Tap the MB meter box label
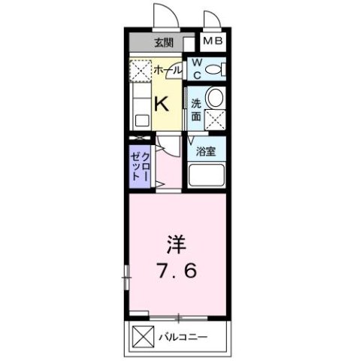coord(212,43)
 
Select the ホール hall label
coord(167,70)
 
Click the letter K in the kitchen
coord(161,105)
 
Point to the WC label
coord(195,69)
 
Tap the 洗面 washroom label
coord(195,110)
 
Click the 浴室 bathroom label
coord(207,151)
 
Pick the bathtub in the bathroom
coord(207,175)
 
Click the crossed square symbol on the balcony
coord(142,335)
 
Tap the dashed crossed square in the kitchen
coord(140,71)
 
